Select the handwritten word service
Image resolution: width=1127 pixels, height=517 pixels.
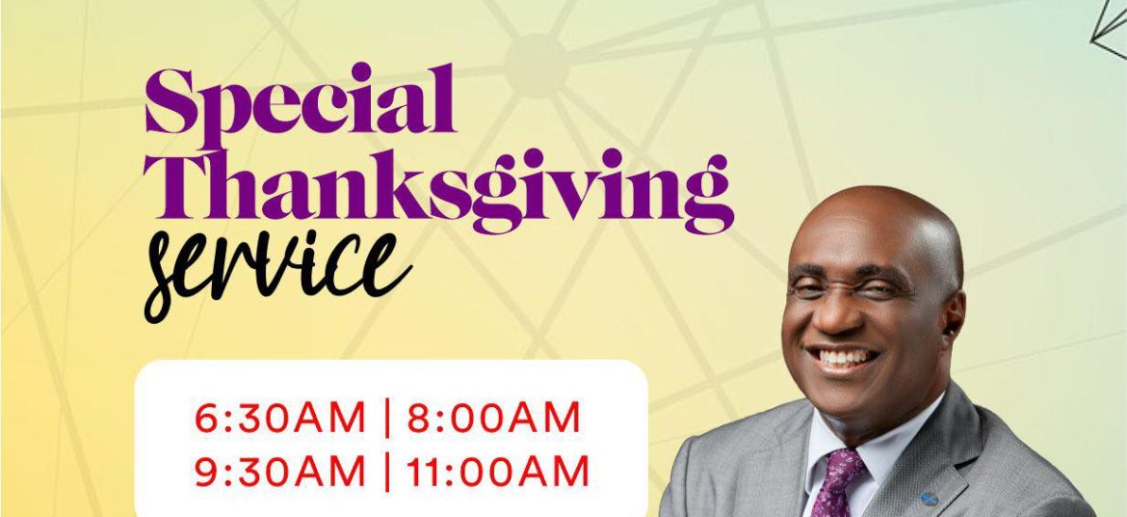(277, 274)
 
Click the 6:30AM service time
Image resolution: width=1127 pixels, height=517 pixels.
(280, 419)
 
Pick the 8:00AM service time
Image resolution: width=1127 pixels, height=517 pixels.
(494, 419)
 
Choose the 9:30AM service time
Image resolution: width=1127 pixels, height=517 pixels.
(280, 472)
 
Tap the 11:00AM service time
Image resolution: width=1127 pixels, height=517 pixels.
(498, 472)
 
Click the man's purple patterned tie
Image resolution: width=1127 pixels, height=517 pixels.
(838, 481)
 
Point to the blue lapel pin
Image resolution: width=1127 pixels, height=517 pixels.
(930, 499)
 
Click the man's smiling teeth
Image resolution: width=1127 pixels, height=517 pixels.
(844, 357)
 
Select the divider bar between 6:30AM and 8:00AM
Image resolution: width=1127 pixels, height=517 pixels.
(387, 419)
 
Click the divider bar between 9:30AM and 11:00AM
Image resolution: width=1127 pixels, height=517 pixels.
(387, 472)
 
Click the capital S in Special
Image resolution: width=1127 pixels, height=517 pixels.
(170, 101)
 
